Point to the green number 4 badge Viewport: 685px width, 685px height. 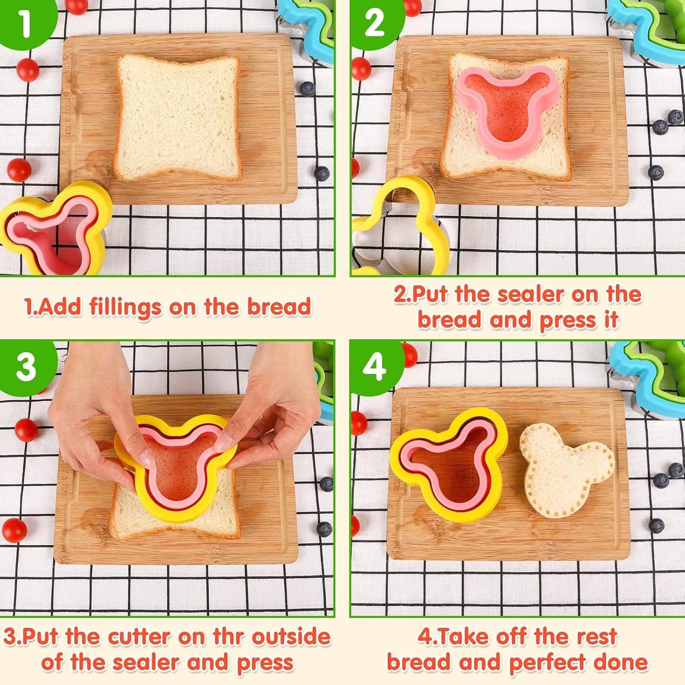click(374, 366)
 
